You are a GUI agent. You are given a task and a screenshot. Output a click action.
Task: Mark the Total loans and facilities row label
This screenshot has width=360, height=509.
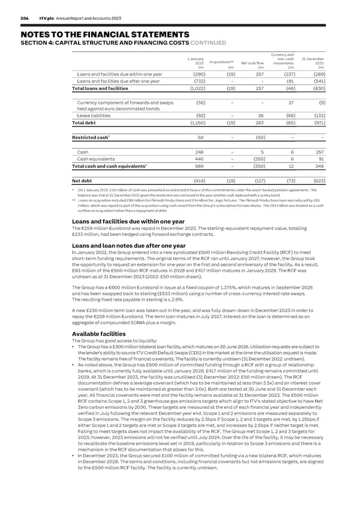98,89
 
